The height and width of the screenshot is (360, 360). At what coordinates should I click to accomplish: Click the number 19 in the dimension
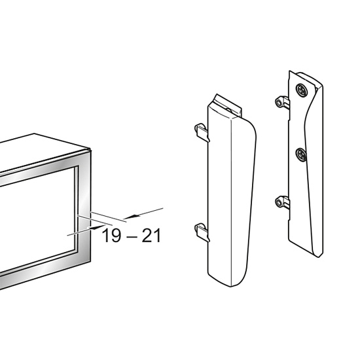[x=111, y=236]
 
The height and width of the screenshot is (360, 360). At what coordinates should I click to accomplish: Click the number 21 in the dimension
[x=151, y=236]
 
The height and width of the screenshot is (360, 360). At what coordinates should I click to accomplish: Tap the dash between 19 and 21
[x=132, y=237]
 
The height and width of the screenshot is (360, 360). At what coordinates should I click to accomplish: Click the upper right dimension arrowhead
[x=132, y=217]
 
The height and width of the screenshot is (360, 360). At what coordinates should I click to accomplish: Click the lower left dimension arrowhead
[x=97, y=227]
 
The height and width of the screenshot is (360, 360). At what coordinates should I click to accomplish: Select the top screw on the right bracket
[x=302, y=90]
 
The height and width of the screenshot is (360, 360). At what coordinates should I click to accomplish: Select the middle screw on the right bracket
[x=301, y=154]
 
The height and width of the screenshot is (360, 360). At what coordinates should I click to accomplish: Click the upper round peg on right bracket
[x=279, y=102]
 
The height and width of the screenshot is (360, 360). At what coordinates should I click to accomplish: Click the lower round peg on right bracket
[x=279, y=202]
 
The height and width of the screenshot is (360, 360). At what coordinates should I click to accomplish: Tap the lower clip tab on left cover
[x=202, y=232]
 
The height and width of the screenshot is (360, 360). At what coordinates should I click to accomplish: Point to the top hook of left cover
[x=228, y=105]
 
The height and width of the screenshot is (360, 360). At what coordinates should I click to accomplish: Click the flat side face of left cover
[x=219, y=195]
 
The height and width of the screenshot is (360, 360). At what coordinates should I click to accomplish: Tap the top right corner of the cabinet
[x=91, y=150]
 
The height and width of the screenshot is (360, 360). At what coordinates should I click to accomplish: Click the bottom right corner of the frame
[x=91, y=261]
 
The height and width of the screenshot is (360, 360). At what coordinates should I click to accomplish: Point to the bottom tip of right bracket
[x=318, y=257]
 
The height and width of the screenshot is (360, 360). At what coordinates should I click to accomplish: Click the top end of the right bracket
[x=290, y=71]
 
